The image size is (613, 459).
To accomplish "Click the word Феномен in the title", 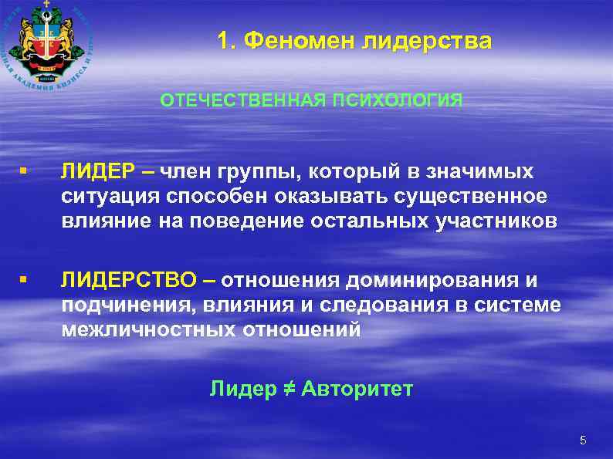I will pyautogui.click(x=296, y=41).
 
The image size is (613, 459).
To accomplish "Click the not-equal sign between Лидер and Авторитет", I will pyautogui.click(x=288, y=390).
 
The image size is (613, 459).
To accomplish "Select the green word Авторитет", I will pyautogui.click(x=357, y=390).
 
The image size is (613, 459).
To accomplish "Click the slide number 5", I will pyautogui.click(x=583, y=441).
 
